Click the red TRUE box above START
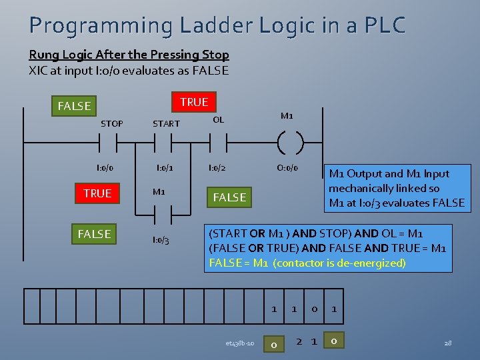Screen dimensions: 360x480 point(194,101)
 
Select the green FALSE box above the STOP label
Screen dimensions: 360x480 point(74,106)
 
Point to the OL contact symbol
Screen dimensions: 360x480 point(216,142)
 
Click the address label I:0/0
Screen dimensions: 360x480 point(104,167)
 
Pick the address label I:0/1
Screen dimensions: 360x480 point(165,167)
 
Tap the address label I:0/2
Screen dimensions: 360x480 point(217,167)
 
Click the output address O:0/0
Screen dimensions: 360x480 point(287,167)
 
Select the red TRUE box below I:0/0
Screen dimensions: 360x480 point(97,193)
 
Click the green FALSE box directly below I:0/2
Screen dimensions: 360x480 point(229,197)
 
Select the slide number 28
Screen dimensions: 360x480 point(447,343)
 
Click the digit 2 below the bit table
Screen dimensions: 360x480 point(299,341)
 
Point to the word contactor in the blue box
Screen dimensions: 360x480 point(311,263)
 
